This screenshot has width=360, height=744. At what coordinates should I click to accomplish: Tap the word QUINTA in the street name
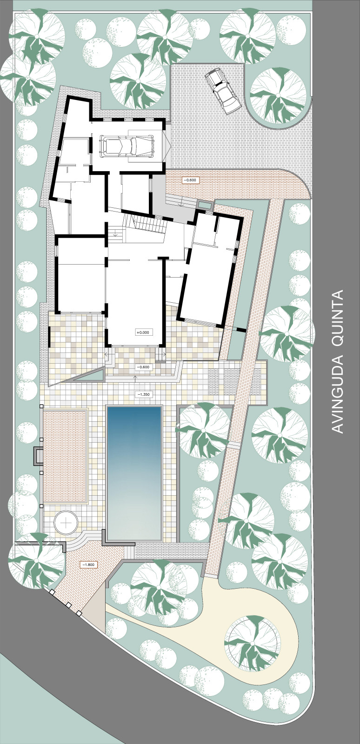coord(337,319)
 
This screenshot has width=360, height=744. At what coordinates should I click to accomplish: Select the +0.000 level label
coord(143,332)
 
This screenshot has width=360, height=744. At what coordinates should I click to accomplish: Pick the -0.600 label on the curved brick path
coord(191,180)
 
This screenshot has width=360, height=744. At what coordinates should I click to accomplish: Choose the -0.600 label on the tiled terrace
coord(143,367)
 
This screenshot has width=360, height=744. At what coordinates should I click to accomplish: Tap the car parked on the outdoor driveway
coord(222,91)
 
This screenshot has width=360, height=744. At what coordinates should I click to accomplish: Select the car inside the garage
coord(127,146)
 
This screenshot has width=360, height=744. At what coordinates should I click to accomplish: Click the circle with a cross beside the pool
coord(67,523)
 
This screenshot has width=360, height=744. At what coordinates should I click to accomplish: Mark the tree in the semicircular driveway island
coord(278,95)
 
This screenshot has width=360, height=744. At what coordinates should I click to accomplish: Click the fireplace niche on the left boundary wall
coord(38,455)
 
